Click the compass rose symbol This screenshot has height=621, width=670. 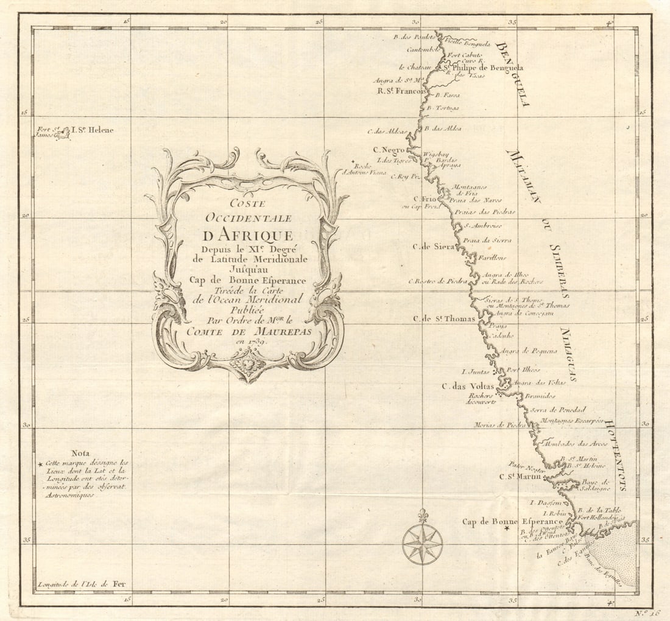tap(422, 542)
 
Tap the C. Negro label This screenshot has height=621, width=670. tap(389, 150)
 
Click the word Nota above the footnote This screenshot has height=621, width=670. tap(80, 453)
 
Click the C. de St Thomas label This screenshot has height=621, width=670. tap(443, 318)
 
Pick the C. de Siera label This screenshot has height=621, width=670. tap(434, 246)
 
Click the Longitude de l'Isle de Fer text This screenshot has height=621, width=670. tap(81, 584)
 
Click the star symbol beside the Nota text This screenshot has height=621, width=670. tap(41, 465)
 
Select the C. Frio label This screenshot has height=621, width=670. tap(426, 198)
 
